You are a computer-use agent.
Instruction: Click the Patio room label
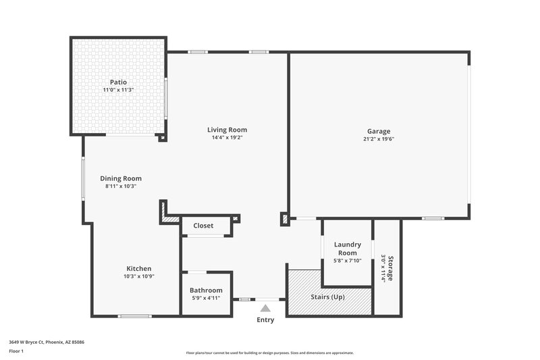(118, 82)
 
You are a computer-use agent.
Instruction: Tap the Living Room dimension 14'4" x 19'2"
(227, 138)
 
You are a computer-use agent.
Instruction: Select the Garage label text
(379, 131)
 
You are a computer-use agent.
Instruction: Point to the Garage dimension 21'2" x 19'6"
(379, 139)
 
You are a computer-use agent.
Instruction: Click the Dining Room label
(121, 178)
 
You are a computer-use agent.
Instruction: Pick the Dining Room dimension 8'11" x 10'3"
(121, 186)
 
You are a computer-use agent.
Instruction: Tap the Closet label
(203, 226)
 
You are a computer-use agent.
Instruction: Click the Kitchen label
(139, 268)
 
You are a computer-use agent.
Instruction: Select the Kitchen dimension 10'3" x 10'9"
(139, 276)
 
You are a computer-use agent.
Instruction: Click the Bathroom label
(206, 290)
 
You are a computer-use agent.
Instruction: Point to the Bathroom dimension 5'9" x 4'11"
(206, 298)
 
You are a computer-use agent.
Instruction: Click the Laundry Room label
(348, 249)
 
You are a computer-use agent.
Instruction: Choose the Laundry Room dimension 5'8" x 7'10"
(348, 261)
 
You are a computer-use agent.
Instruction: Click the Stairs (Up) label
(329, 297)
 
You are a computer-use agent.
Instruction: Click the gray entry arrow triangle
(265, 308)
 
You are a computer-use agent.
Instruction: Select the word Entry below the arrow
(265, 319)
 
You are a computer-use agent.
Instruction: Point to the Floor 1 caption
(16, 351)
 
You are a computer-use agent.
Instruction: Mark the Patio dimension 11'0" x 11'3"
(118, 90)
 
